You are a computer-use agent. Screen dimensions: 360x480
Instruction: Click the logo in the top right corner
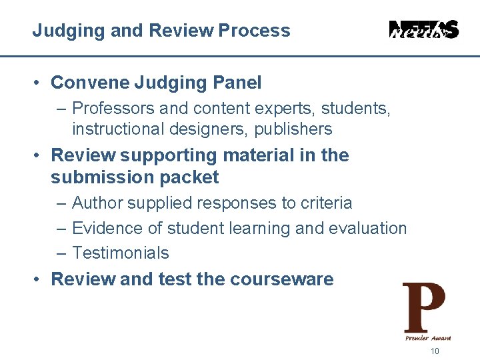click(x=423, y=29)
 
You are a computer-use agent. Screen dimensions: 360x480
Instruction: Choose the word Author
click(x=95, y=203)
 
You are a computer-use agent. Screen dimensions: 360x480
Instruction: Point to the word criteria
click(x=327, y=203)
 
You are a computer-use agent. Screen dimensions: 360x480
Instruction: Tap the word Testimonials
click(x=121, y=253)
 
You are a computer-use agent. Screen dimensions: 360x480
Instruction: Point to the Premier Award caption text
click(x=427, y=338)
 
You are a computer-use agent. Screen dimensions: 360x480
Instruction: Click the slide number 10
click(x=435, y=352)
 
